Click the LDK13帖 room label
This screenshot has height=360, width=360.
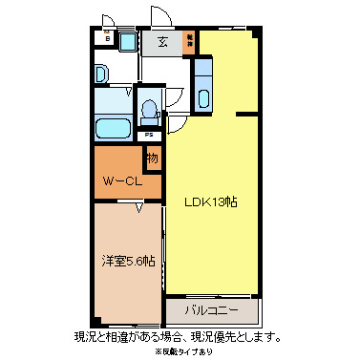point(211,202)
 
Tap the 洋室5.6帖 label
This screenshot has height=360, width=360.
point(128,262)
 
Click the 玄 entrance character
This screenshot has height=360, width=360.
point(163,42)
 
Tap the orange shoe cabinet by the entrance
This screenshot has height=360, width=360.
point(190,41)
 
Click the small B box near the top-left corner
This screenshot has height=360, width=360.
point(108,39)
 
